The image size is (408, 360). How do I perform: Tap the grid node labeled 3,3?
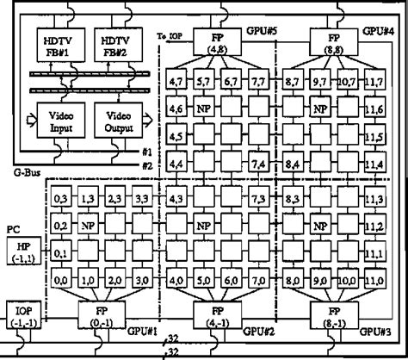(141, 199)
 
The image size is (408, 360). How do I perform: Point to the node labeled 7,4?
(259, 164)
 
